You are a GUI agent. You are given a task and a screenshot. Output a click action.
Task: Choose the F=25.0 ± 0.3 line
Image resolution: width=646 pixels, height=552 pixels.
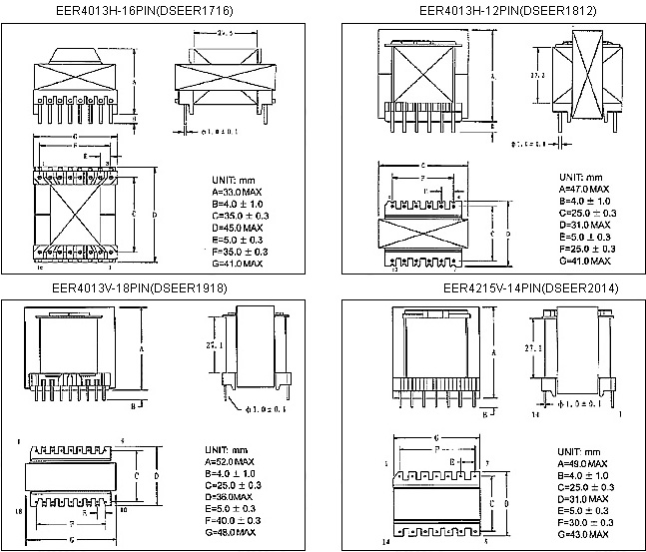(589, 249)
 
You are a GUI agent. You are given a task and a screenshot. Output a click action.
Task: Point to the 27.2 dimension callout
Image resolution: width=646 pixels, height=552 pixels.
(536, 76)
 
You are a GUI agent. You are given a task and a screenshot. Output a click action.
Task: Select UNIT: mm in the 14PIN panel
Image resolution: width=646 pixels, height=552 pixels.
(576, 452)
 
